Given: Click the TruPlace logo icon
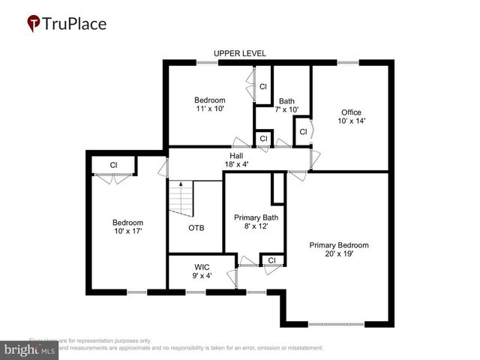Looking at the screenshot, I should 34,23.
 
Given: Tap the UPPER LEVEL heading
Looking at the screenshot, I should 240,53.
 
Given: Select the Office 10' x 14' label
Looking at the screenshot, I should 351,117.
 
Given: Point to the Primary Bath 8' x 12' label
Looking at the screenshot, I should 256,222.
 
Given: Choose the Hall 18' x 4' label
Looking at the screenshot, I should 236,160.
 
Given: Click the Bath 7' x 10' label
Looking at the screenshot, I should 286,106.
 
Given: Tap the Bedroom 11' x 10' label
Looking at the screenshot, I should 209,104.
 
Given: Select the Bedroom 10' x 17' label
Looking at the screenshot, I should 127,226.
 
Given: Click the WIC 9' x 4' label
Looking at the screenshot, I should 202,271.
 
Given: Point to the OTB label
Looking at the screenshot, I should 196,228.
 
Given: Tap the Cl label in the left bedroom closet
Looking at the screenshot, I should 113,165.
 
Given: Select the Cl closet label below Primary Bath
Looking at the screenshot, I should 272,260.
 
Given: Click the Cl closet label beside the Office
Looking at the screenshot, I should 303,132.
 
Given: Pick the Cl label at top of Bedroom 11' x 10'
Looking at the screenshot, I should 263,87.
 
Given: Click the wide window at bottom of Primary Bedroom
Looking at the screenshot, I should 338,324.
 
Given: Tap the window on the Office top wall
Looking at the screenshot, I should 347,62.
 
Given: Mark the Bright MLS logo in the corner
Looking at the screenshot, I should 30,349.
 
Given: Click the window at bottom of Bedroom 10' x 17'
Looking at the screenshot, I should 137,292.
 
